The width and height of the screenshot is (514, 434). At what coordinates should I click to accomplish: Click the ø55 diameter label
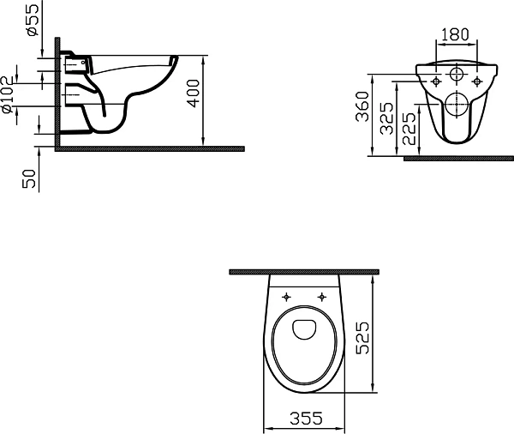[33, 20]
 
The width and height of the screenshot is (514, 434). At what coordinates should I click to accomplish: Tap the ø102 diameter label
[8, 95]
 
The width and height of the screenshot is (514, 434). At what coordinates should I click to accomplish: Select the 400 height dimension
[193, 93]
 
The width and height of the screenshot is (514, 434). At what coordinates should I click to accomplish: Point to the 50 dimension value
[28, 179]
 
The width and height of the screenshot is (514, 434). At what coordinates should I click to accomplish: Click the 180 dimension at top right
[456, 34]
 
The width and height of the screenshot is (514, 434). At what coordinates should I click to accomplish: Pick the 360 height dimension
[362, 106]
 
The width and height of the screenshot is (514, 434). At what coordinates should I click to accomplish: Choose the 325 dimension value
[386, 118]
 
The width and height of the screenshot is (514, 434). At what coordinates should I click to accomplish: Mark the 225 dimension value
[409, 129]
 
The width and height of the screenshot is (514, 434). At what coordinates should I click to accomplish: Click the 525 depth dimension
[362, 338]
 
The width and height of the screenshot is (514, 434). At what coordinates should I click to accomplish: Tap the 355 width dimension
[306, 419]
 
